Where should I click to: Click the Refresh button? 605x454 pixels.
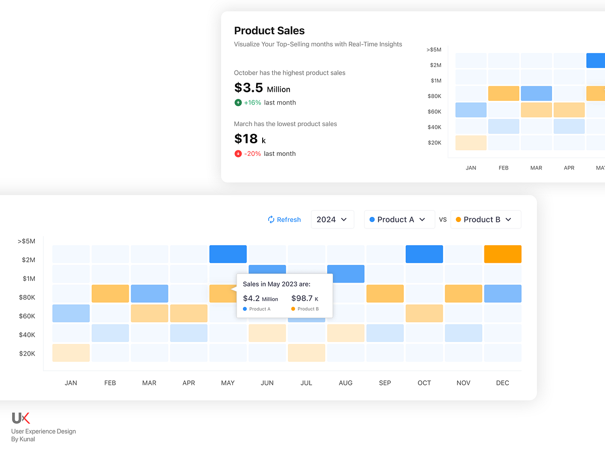[284, 219]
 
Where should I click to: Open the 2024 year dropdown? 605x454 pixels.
[332, 219]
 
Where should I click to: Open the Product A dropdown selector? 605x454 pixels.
[399, 219]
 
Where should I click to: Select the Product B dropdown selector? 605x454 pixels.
[486, 219]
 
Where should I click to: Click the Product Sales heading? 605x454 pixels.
[269, 31]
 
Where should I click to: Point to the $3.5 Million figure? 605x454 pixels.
[262, 88]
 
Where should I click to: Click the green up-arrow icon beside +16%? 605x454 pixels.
[238, 102]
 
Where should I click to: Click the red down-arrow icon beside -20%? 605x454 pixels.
[238, 153]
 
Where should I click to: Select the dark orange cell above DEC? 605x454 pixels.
[503, 254]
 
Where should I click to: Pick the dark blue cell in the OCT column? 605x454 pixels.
[424, 254]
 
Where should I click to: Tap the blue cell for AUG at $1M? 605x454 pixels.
[346, 273]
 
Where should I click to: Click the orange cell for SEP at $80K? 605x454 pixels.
[385, 294]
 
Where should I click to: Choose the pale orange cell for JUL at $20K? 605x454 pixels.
[307, 353]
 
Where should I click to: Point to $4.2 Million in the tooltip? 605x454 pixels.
[260, 299]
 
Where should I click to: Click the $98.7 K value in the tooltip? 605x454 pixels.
[305, 299]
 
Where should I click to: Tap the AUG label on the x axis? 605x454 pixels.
[346, 383]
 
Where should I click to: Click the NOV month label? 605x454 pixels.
[463, 383]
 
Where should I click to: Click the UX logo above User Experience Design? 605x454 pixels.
[21, 418]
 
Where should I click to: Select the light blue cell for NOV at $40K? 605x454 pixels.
[463, 333]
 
